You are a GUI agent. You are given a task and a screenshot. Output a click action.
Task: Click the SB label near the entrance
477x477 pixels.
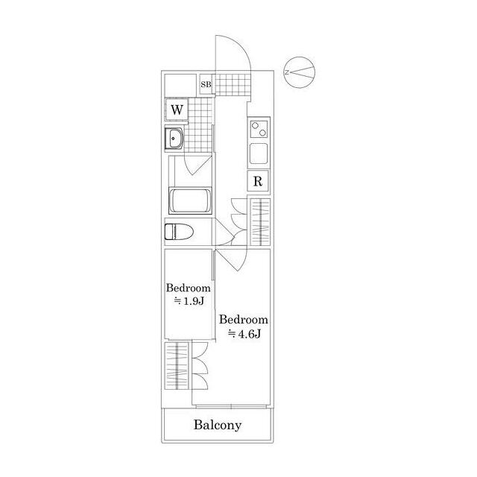[206, 85]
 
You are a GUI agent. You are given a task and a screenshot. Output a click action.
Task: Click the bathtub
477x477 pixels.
[191, 201]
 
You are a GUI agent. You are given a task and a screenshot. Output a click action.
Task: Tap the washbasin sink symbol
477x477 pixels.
[177, 138]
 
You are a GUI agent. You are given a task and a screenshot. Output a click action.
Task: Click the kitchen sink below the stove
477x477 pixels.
[259, 155]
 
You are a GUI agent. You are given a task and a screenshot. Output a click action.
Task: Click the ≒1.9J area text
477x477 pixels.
[189, 302]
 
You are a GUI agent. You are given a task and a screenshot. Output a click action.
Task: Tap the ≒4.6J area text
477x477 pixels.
[243, 332]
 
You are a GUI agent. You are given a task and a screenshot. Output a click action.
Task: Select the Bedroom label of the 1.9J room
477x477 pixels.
[189, 288]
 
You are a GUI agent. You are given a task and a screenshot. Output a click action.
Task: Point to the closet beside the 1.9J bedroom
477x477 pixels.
[178, 365]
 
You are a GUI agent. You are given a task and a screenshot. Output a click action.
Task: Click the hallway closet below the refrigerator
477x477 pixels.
[259, 221]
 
